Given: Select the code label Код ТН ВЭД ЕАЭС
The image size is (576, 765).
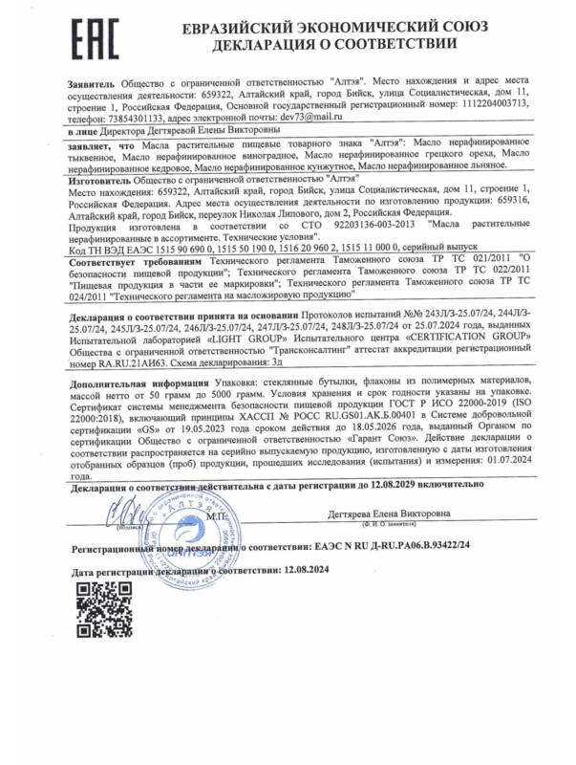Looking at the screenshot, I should pos(112,247).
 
